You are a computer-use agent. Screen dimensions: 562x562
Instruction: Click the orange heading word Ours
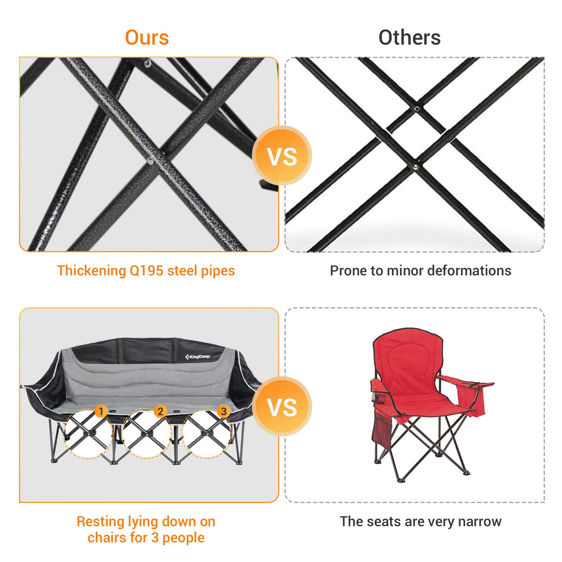pyautogui.click(x=147, y=37)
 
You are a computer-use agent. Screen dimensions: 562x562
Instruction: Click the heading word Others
pyautogui.click(x=409, y=37)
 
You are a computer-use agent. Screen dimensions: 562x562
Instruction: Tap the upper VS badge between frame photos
pyautogui.click(x=282, y=156)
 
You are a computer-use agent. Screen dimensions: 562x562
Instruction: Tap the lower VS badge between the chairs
pyautogui.click(x=282, y=406)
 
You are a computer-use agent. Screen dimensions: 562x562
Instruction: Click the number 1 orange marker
pyautogui.click(x=101, y=411)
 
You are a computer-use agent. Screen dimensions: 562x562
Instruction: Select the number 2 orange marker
pyautogui.click(x=160, y=411)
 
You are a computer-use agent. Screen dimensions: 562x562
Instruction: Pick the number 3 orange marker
pyautogui.click(x=223, y=411)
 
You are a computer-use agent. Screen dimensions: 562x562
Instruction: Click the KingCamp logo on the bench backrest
pyautogui.click(x=197, y=357)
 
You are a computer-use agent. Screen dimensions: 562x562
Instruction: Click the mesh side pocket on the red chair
pyautogui.click(x=382, y=427)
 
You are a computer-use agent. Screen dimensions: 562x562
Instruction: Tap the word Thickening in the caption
pyautogui.click(x=92, y=271)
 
